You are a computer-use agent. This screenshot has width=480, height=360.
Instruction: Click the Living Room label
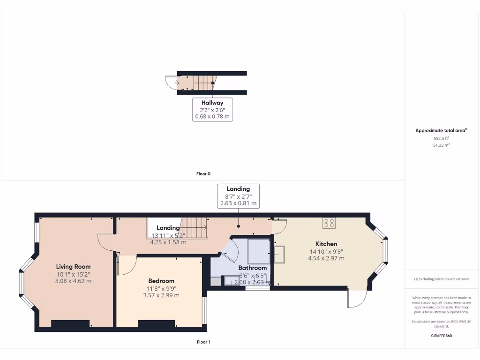tap(73, 267)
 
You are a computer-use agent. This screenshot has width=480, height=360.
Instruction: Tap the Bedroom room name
tap(161, 281)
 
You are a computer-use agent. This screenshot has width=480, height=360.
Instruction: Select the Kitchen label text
tap(326, 244)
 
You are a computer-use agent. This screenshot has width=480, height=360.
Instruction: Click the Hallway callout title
tap(212, 103)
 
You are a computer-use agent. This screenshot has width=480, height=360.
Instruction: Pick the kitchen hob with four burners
tap(329, 223)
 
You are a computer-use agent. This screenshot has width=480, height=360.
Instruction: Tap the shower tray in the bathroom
tap(259, 251)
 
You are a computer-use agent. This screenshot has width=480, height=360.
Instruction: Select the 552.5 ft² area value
tap(441, 139)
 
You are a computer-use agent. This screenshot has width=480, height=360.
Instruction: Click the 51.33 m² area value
tap(441, 146)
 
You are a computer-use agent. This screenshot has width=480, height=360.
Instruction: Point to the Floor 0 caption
tap(203, 174)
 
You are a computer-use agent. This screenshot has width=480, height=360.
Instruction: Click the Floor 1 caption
tap(203, 342)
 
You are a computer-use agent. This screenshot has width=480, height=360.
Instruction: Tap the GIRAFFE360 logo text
tap(441, 336)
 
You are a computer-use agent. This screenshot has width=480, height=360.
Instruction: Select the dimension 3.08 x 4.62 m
tap(73, 281)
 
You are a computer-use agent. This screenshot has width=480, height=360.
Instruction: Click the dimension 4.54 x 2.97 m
tap(326, 258)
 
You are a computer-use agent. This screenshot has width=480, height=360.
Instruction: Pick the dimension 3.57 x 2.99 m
tap(161, 295)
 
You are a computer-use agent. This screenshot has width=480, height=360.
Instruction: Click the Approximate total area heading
tap(441, 131)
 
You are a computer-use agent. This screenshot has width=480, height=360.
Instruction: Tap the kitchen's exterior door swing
tap(356, 299)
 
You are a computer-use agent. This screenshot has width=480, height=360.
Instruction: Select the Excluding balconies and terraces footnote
tap(441, 279)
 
